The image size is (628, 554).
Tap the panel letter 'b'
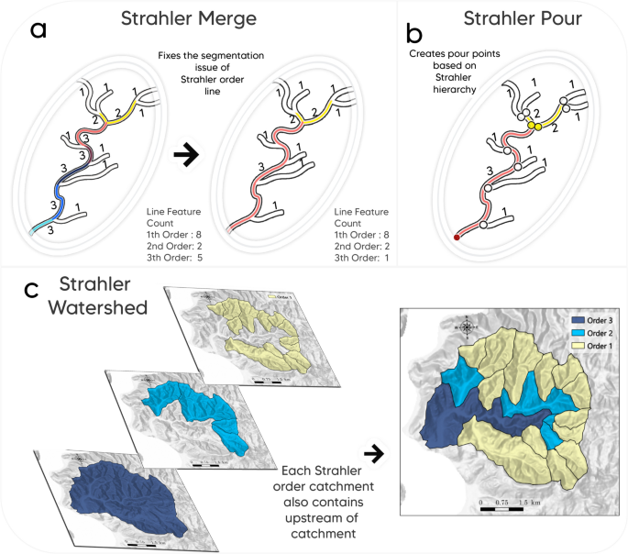[414, 34]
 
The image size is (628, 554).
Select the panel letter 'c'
[32, 291]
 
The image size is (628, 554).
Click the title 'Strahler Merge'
[189, 18]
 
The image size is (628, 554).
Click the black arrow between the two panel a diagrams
[187, 156]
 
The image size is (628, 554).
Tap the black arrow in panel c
[373, 452]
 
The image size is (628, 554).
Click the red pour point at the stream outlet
[457, 238]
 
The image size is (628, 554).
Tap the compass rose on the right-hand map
[468, 326]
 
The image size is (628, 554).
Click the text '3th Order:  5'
[174, 259]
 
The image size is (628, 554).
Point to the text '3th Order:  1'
[363, 259]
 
